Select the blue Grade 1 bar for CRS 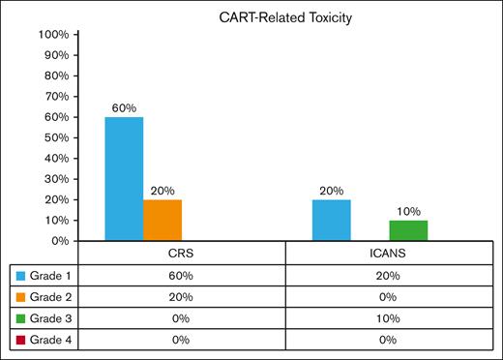(124, 178)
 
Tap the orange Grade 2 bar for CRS (163, 220)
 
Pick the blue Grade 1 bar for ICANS (332, 220)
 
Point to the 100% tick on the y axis (52, 35)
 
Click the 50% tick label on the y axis (52, 137)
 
